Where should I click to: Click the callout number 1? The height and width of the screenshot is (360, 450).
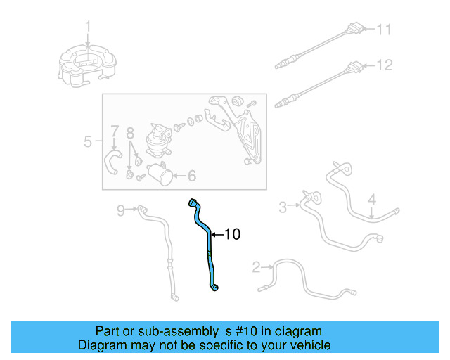(x=89, y=27)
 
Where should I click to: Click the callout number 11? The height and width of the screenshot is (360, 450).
(x=382, y=30)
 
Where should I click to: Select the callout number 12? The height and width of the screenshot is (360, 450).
(x=383, y=65)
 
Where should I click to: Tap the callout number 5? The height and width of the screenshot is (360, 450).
(x=88, y=141)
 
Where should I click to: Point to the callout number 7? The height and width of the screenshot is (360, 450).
(x=114, y=131)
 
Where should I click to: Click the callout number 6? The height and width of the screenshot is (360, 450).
(x=191, y=176)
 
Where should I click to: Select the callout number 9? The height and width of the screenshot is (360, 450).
(x=120, y=209)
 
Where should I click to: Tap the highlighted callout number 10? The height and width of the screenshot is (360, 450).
(x=231, y=234)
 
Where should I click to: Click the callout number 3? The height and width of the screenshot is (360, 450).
(x=283, y=207)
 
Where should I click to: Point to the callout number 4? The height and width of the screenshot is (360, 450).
(x=373, y=199)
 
